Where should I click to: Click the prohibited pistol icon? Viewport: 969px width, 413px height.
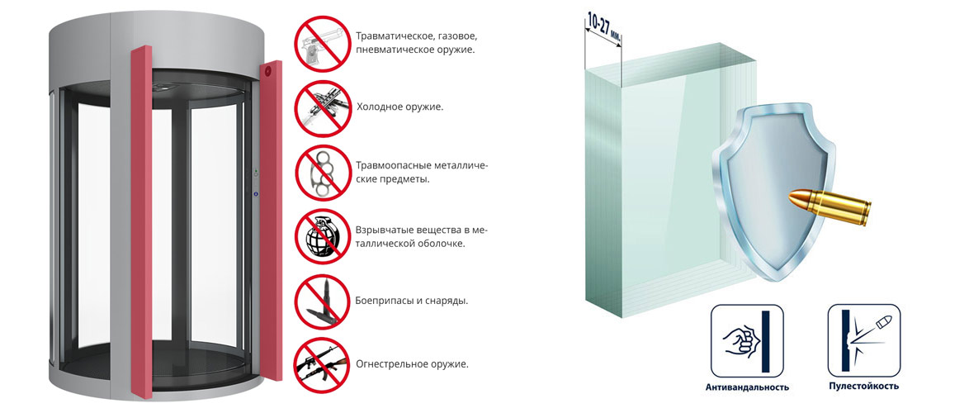coord(322,43)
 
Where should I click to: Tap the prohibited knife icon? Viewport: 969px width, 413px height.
coord(322,107)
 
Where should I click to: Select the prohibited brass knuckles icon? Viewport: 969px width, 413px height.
coord(322,172)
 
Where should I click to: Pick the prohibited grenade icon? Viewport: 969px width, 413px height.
coord(322,236)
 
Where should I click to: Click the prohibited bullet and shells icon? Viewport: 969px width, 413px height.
coord(322,301)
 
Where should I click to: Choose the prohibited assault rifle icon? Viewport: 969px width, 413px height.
coord(322,365)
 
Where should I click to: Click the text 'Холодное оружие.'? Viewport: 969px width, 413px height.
coord(399,107)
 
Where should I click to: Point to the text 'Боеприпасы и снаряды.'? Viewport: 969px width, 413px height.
coord(412,301)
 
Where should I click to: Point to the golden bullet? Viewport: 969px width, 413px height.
coord(830,205)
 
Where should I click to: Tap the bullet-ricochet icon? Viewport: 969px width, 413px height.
coord(864,340)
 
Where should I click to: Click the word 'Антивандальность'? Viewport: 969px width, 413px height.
coord(747,387)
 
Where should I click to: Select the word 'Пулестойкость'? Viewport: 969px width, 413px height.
coord(864,387)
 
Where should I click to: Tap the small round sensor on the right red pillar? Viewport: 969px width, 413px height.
coord(268,71)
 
